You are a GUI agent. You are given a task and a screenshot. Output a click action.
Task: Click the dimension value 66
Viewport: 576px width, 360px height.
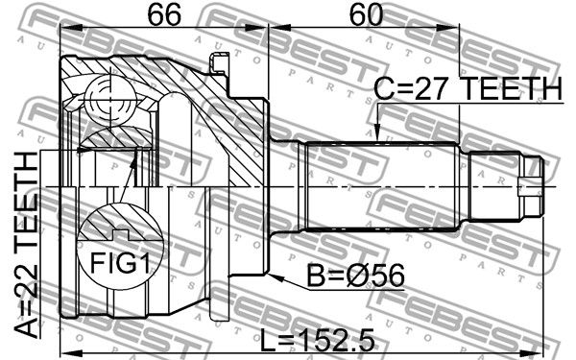tap(164, 14)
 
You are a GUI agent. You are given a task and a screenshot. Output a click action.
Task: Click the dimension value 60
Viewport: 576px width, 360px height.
tap(366, 14)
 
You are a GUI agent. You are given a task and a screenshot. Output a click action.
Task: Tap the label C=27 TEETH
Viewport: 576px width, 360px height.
tap(468, 89)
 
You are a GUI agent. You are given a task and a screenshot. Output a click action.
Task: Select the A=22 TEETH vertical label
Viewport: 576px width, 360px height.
tap(27, 245)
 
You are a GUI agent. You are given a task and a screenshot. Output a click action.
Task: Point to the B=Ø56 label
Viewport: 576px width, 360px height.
tap(355, 276)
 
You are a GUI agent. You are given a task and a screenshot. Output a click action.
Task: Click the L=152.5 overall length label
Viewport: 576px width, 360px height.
tap(318, 340)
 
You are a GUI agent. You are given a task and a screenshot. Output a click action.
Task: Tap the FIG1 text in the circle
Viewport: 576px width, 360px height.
tap(120, 263)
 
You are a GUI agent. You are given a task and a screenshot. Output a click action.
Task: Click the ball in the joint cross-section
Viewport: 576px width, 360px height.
tap(110, 99)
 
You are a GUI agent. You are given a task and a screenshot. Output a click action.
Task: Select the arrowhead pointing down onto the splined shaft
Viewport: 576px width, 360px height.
tap(377, 133)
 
